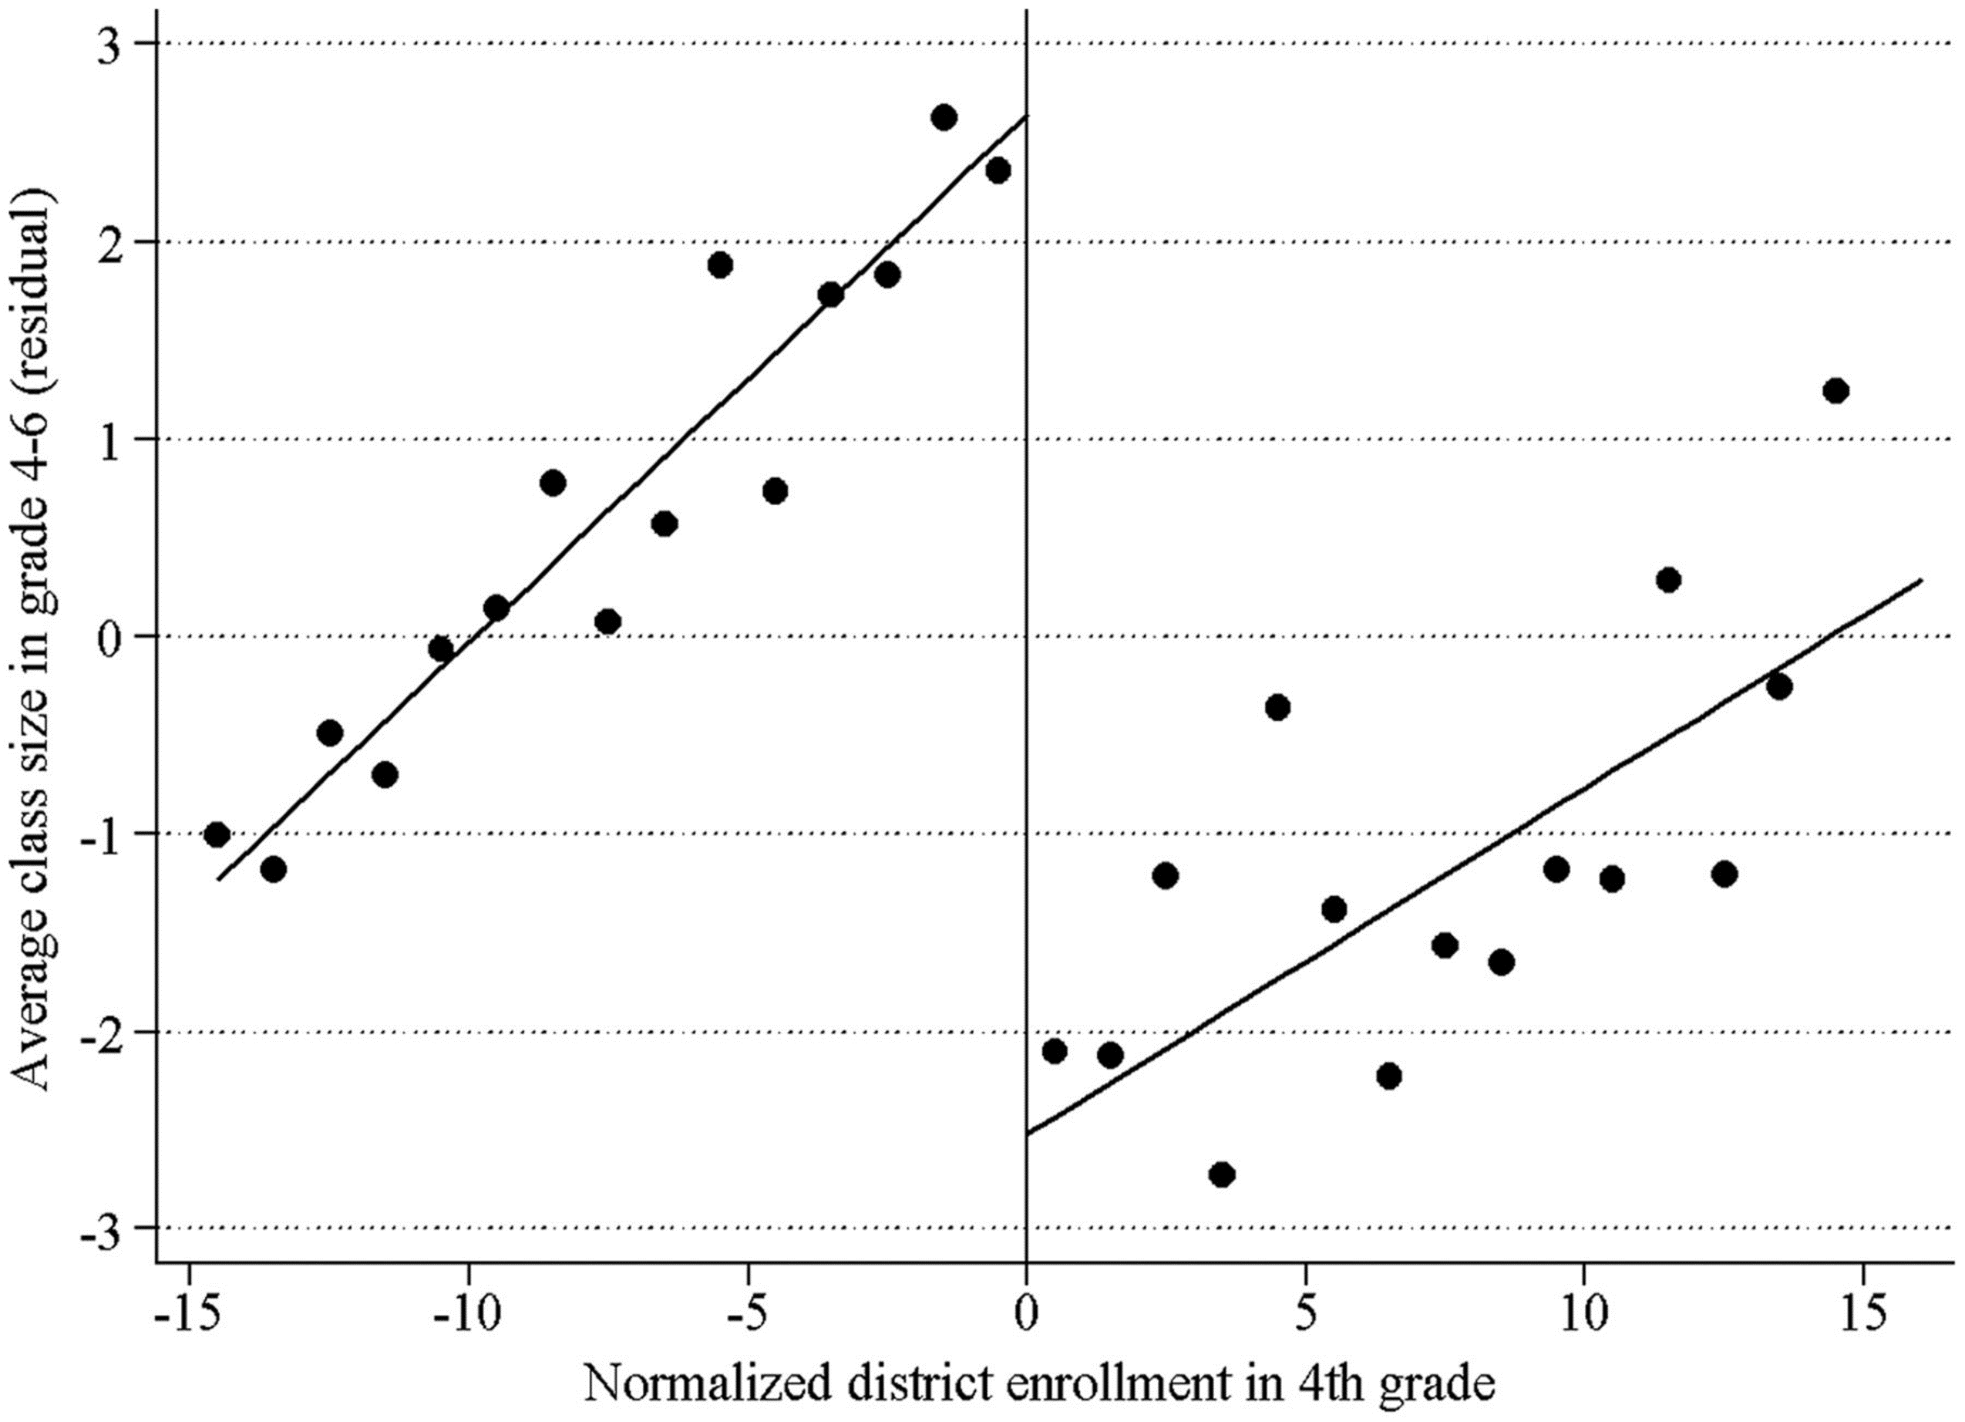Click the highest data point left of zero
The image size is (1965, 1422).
pyautogui.click(x=944, y=118)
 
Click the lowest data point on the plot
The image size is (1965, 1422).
pyautogui.click(x=1222, y=1175)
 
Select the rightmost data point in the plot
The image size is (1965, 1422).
pyautogui.click(x=1835, y=391)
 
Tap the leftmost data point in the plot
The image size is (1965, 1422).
pyautogui.click(x=217, y=834)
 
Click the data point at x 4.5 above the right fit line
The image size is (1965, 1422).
pyautogui.click(x=1277, y=707)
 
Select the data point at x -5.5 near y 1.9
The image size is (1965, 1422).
pyautogui.click(x=720, y=265)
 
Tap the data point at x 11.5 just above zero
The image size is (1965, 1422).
pyautogui.click(x=1668, y=580)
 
